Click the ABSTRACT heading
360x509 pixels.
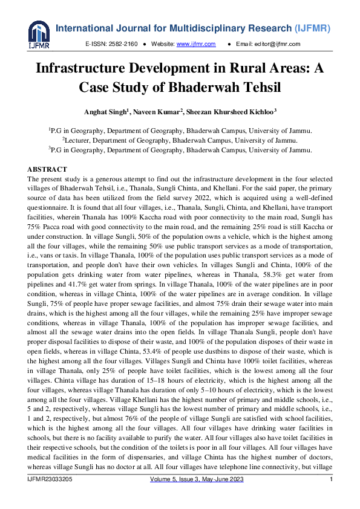(x=47, y=169)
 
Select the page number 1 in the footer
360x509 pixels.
(x=331, y=479)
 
